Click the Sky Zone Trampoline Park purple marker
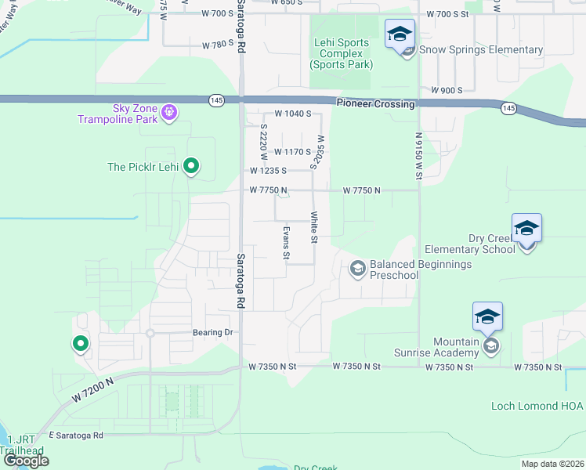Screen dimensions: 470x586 point(168,114)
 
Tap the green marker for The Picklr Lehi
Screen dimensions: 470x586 point(190,166)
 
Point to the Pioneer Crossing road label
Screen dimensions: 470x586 point(375,103)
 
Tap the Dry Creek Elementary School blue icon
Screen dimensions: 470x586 point(526,228)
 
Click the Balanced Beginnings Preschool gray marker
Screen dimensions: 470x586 point(358,269)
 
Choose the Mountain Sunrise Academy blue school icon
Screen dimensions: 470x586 point(487,316)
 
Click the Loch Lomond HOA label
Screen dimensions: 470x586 point(537,406)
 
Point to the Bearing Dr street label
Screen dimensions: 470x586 point(214,332)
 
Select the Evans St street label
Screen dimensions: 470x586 point(286,242)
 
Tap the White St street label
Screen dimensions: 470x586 point(313,227)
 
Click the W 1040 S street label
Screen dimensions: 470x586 point(292,114)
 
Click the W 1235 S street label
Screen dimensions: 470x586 point(268,170)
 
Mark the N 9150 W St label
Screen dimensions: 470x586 point(418,156)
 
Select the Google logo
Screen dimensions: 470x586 point(26,461)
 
